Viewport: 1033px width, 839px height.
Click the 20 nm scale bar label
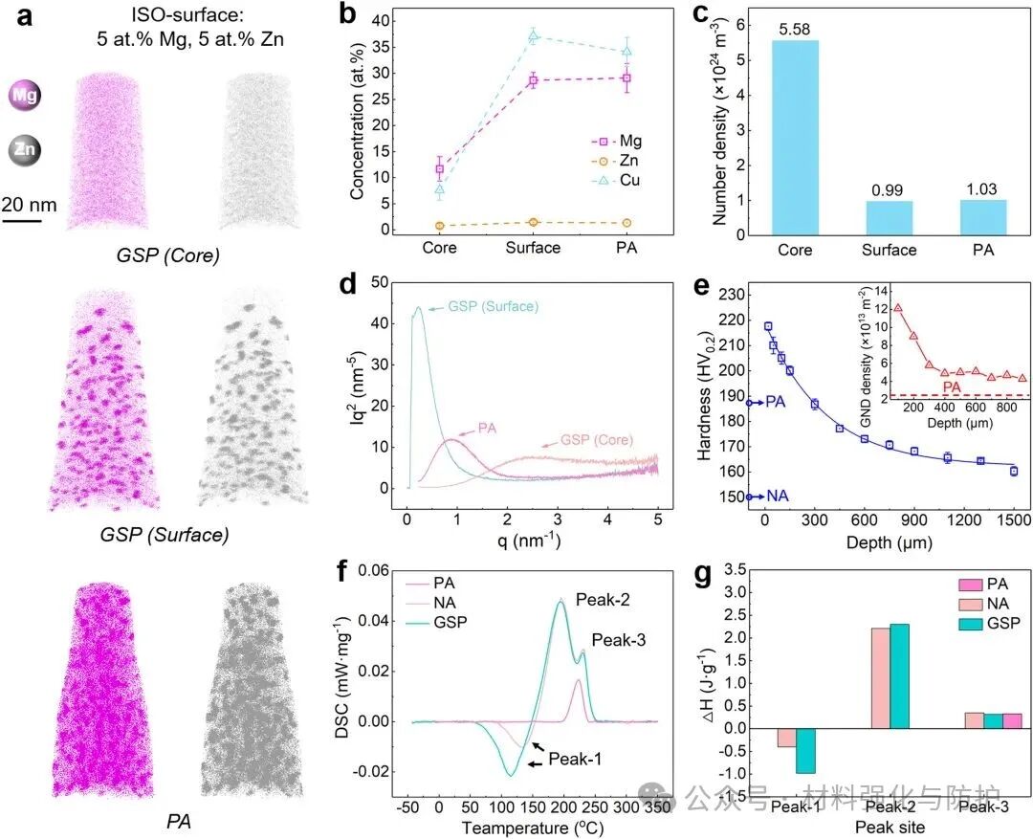(29, 203)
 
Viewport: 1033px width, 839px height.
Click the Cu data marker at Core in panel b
(440, 189)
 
